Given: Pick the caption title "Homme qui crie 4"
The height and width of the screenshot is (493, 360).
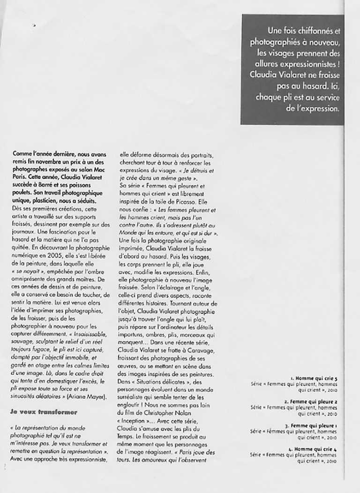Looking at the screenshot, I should point(318,449).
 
